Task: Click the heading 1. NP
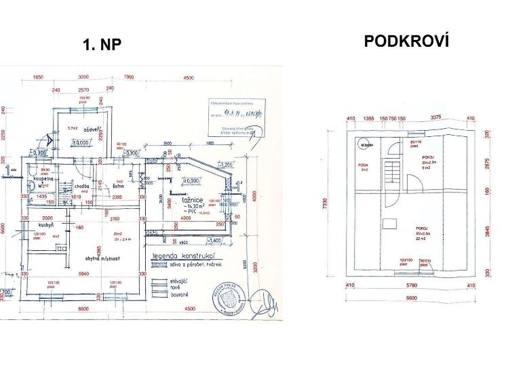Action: click(x=102, y=45)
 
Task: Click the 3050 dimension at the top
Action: click(x=84, y=77)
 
